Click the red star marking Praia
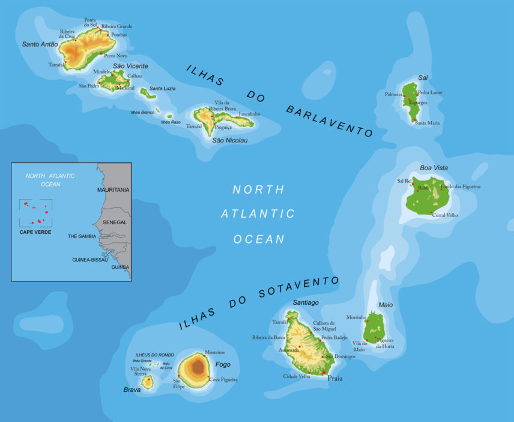pyautogui.click(x=324, y=373)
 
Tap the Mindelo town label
pyautogui.click(x=102, y=72)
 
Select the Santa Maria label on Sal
pyautogui.click(x=427, y=123)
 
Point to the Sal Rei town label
pyautogui.click(x=404, y=180)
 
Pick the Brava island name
pyautogui.click(x=132, y=390)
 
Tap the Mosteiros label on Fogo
pyautogui.click(x=214, y=352)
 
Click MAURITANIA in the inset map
pyautogui.click(x=113, y=190)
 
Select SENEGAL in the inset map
pyautogui.click(x=115, y=222)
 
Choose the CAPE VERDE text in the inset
pyautogui.click(x=35, y=232)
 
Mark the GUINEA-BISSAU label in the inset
pyautogui.click(x=89, y=260)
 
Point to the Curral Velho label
pyautogui.click(x=445, y=215)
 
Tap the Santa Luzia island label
pyautogui.click(x=162, y=88)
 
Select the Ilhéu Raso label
pyautogui.click(x=171, y=122)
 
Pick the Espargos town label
pyautogui.click(x=418, y=103)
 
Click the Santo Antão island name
pyautogui.click(x=40, y=44)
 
